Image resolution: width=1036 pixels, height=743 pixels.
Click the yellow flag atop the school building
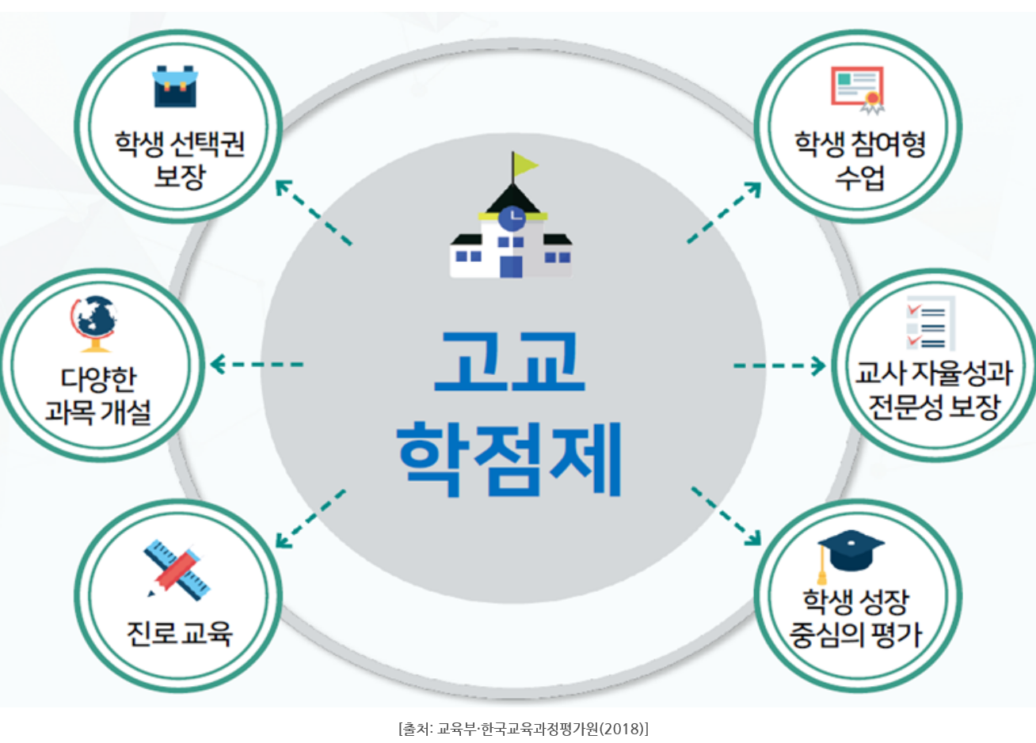pyautogui.click(x=524, y=165)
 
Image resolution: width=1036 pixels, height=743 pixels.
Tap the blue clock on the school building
pyautogui.click(x=512, y=215)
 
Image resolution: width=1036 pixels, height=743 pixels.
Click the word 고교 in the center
pyautogui.click(x=509, y=362)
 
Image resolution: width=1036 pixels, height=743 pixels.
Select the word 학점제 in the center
pyautogui.click(x=509, y=457)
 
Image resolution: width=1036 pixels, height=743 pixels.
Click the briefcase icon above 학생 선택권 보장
pyautogui.click(x=175, y=87)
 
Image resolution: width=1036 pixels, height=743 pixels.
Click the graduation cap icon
pyautogui.click(x=849, y=551)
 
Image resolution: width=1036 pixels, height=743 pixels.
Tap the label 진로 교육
pyautogui.click(x=179, y=633)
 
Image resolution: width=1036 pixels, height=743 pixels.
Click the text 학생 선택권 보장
pyautogui.click(x=179, y=159)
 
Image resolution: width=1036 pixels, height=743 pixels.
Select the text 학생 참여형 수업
pyautogui.click(x=859, y=159)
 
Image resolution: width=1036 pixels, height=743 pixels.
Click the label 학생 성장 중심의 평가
pyautogui.click(x=855, y=618)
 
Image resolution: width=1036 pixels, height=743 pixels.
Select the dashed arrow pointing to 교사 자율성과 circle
pyautogui.click(x=779, y=366)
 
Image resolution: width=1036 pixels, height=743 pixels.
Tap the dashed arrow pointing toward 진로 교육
pyautogui.click(x=310, y=519)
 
